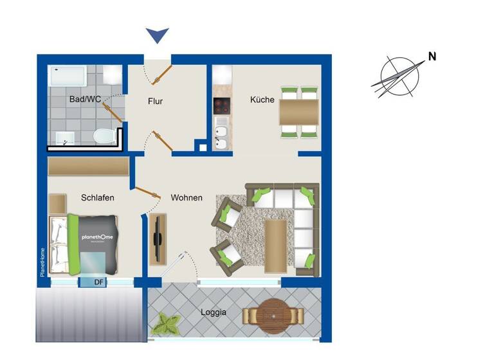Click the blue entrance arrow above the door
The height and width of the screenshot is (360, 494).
(157, 35)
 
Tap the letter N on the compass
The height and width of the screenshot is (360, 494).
(432, 56)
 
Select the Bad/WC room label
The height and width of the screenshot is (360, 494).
(85, 100)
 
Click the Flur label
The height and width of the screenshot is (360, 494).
(156, 101)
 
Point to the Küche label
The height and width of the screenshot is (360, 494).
(262, 100)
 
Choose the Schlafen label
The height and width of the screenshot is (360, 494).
(98, 197)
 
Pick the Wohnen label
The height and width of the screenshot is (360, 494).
(187, 197)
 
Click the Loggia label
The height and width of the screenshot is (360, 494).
(214, 313)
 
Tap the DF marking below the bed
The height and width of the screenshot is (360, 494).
(99, 282)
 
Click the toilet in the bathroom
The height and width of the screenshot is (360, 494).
(102, 136)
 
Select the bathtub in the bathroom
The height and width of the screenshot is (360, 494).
(69, 76)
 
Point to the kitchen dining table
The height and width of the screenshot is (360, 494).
(299, 113)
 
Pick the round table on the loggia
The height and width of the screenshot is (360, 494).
(273, 315)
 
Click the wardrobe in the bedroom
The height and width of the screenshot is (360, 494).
(89, 166)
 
